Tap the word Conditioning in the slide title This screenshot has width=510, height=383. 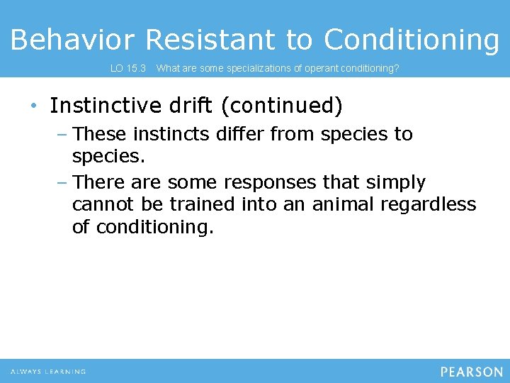point(412,40)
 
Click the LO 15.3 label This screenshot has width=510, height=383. point(128,69)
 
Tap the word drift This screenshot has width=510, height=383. point(191,106)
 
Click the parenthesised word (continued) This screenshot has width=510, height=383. point(282,106)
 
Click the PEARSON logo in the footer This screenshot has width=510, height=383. point(471,372)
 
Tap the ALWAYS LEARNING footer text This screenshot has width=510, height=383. point(48,372)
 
